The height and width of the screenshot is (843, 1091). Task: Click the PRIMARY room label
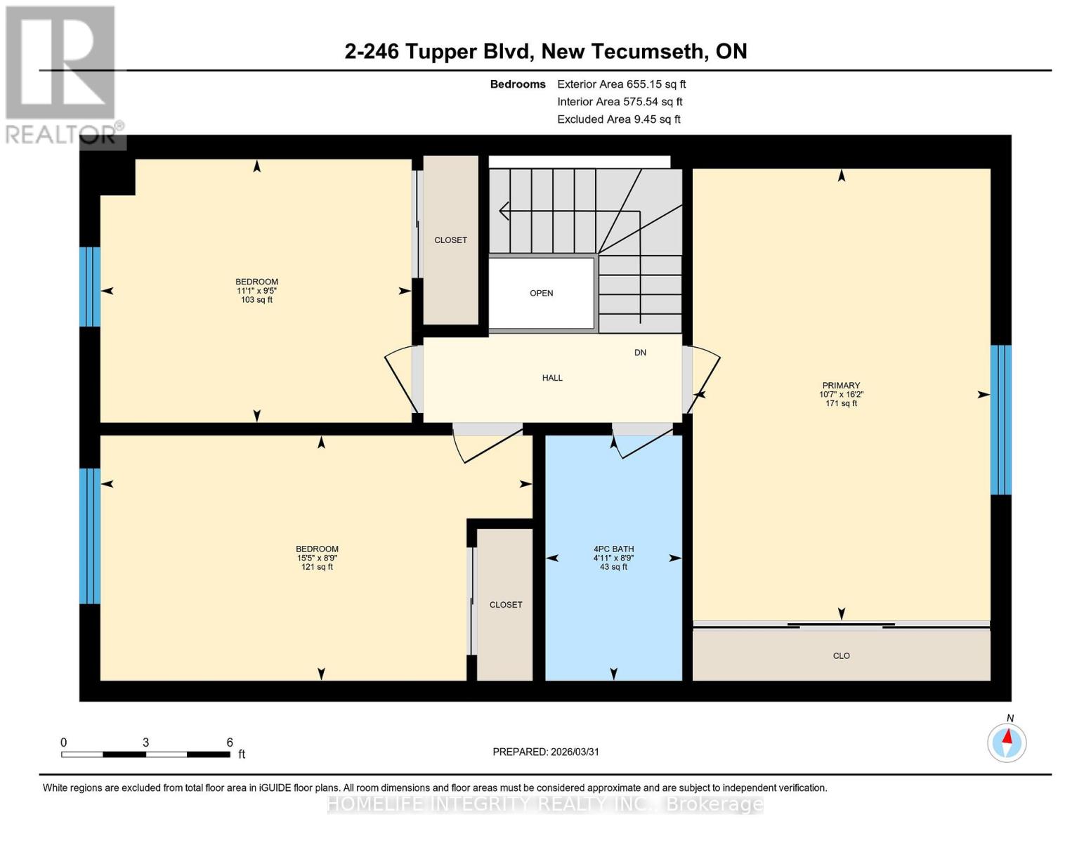[841, 385]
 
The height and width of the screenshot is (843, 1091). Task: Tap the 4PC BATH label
[613, 549]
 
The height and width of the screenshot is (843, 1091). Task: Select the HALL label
[552, 378]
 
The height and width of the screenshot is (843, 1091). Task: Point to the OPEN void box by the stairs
[541, 293]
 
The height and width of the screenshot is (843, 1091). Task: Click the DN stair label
[640, 353]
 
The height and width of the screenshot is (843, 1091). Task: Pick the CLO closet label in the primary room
[841, 655]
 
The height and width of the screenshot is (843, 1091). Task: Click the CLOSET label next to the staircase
[450, 240]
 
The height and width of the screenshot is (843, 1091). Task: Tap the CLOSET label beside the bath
[506, 605]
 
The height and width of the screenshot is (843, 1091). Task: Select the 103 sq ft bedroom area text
[256, 300]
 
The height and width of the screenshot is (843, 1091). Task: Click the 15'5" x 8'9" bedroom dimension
[317, 558]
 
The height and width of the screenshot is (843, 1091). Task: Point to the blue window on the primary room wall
[1000, 420]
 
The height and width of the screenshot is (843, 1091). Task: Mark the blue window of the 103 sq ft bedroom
[90, 287]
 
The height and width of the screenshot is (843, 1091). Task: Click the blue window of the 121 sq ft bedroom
[90, 536]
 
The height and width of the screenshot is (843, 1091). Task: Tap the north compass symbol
[1007, 742]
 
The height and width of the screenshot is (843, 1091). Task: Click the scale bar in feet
[145, 754]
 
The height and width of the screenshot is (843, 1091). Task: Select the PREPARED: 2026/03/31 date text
[546, 752]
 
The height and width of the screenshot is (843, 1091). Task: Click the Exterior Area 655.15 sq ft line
[621, 84]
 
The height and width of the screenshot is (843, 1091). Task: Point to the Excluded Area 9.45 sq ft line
[618, 119]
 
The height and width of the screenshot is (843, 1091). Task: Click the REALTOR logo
[62, 74]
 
